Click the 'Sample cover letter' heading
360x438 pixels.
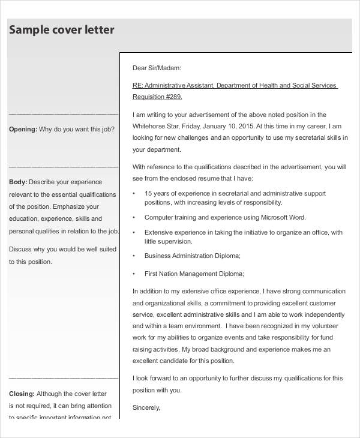(x=62, y=30)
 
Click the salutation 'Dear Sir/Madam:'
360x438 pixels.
(x=157, y=68)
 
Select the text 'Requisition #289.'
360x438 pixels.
(x=157, y=97)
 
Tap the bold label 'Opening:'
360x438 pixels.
(x=23, y=129)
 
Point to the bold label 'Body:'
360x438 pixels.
(x=17, y=182)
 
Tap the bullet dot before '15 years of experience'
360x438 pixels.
(x=133, y=194)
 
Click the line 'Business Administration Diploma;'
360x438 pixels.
(x=192, y=256)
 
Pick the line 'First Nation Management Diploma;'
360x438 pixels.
(x=194, y=274)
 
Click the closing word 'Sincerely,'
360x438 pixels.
(x=146, y=407)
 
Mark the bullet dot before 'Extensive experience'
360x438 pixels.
(x=133, y=232)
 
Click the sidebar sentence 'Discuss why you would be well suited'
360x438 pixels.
(x=64, y=249)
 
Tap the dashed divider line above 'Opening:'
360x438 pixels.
(x=64, y=113)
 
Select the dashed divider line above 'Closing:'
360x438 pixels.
(x=64, y=378)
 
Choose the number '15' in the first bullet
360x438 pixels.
(x=148, y=193)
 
